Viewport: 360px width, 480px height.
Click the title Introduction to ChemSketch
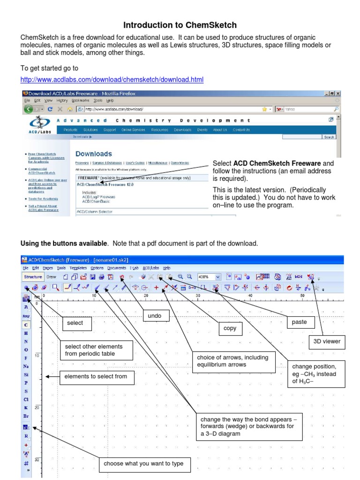point(180,25)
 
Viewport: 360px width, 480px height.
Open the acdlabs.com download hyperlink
point(112,79)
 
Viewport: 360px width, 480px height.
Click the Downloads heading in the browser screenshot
point(94,154)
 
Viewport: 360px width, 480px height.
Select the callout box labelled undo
point(154,316)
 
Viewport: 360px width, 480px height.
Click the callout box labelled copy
point(230,329)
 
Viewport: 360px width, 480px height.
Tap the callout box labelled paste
point(299,322)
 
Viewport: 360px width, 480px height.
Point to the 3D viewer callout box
point(327,341)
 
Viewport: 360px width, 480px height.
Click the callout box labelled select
point(75,322)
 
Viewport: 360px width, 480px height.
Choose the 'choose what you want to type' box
point(144,464)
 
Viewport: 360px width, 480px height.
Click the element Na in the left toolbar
point(26,366)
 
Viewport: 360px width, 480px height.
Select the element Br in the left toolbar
point(26,416)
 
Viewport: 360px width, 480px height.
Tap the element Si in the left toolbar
point(26,375)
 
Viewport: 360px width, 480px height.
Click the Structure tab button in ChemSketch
point(33,277)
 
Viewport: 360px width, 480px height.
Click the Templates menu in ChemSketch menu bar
point(79,268)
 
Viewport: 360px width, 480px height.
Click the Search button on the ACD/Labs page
point(329,137)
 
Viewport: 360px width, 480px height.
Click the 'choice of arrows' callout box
point(233,361)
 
